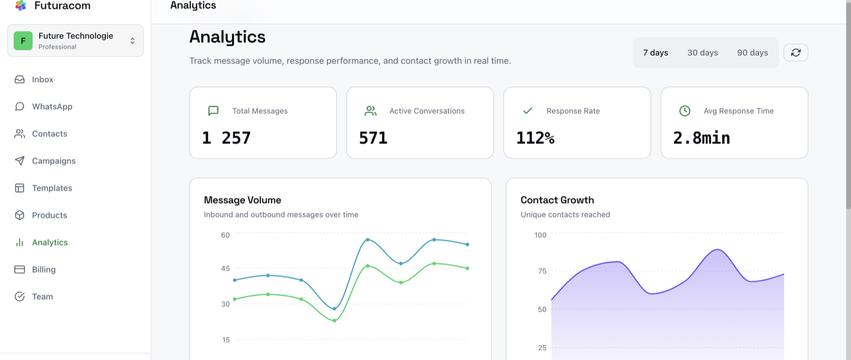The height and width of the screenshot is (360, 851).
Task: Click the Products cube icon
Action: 19,215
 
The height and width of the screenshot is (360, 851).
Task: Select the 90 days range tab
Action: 752,53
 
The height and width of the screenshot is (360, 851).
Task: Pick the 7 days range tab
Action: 655,53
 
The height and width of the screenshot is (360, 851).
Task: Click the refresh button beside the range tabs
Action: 796,53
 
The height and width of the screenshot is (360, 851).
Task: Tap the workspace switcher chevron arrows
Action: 132,40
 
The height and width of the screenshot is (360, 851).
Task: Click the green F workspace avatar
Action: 23,40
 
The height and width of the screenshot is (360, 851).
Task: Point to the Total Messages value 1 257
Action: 226,138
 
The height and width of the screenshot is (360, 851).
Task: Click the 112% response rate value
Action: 535,138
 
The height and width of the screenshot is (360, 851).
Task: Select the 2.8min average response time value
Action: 702,138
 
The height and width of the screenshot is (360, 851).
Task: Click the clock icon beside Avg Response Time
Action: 685,111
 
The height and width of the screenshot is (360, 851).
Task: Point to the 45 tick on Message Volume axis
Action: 226,269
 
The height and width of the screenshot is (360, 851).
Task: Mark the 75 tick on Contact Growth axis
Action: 542,271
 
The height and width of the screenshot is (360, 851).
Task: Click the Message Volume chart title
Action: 243,200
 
